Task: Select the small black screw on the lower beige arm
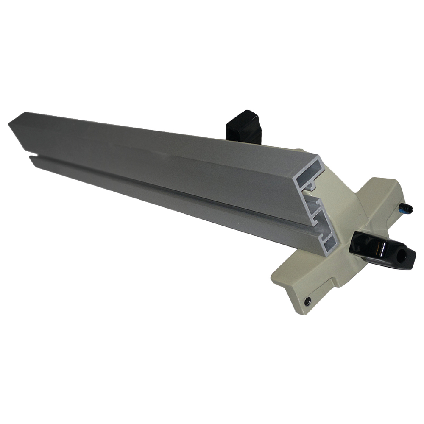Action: click(x=307, y=301)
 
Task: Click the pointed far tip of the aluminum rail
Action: click(x=10, y=123)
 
